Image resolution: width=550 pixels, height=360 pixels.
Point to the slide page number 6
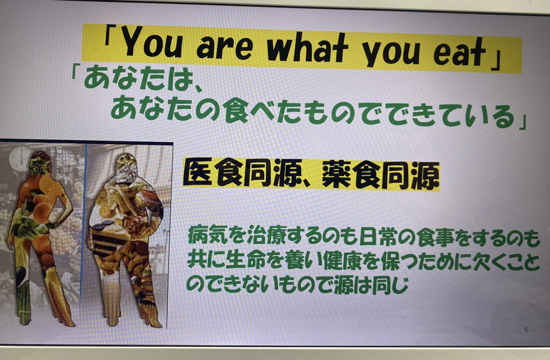click(x=526, y=330)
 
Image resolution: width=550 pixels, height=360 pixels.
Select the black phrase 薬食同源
click(x=380, y=175)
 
